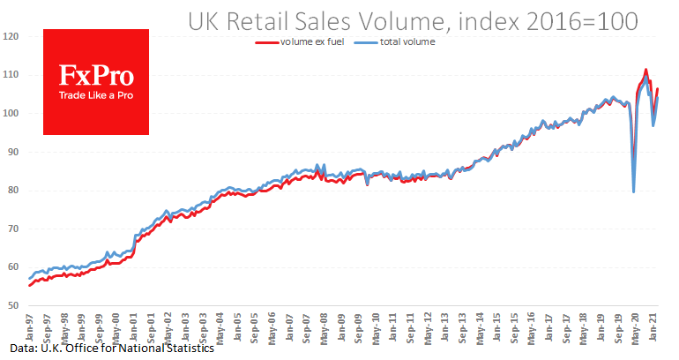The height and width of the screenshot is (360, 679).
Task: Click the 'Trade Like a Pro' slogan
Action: tap(95, 94)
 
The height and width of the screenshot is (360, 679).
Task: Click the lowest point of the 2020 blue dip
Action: tap(633, 191)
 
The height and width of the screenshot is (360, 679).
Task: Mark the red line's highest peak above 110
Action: tap(645, 69)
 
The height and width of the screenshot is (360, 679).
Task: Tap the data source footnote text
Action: tap(107, 349)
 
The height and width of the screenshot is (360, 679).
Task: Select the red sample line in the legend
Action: tap(266, 41)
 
